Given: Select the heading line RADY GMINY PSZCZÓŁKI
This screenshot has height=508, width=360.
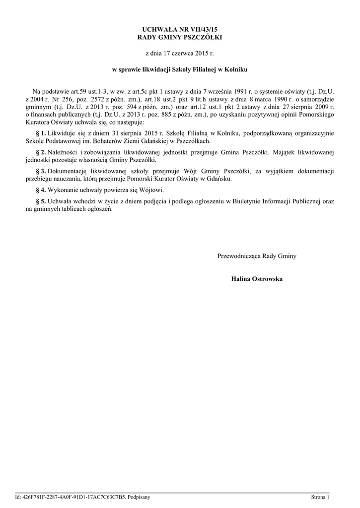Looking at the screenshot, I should (x=180, y=38).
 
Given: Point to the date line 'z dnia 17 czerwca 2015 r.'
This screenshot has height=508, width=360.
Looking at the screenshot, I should (x=180, y=52).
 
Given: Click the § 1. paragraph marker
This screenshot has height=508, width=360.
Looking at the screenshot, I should (x=41, y=133).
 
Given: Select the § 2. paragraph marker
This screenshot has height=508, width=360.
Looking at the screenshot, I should (x=41, y=151).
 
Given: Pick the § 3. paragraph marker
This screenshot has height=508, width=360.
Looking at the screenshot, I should (x=41, y=171).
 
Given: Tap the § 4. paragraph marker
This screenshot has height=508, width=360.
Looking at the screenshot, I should (x=41, y=190).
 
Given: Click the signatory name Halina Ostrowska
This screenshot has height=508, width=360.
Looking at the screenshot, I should (x=257, y=279).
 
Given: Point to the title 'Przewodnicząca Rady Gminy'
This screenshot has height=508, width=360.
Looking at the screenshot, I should (x=257, y=256).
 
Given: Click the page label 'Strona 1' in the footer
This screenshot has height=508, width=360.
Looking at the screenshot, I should (x=320, y=497).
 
